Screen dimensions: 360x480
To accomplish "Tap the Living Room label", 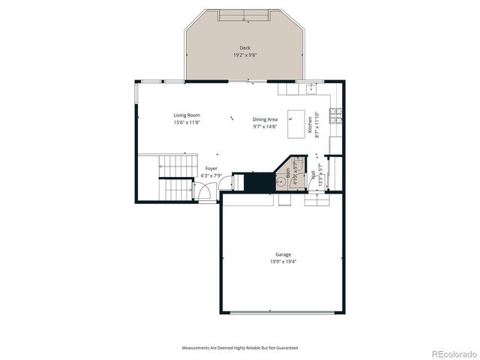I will pyautogui.click(x=187, y=115).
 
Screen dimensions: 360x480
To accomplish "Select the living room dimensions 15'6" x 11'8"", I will pyautogui.click(x=187, y=122).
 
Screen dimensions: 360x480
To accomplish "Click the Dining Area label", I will pyautogui.click(x=265, y=119).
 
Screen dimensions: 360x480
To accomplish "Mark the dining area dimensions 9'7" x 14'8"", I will pyautogui.click(x=265, y=127).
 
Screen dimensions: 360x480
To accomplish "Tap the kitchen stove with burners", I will pyautogui.click(x=337, y=115).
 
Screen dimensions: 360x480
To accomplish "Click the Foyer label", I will pyautogui.click(x=211, y=169).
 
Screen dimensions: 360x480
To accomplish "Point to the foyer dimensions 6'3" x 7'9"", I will pyautogui.click(x=211, y=176).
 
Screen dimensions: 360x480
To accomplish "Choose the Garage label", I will pyautogui.click(x=282, y=255).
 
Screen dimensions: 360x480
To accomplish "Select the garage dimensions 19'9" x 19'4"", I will pyautogui.click(x=282, y=262).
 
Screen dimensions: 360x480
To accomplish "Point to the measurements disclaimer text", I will pyautogui.click(x=240, y=348).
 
